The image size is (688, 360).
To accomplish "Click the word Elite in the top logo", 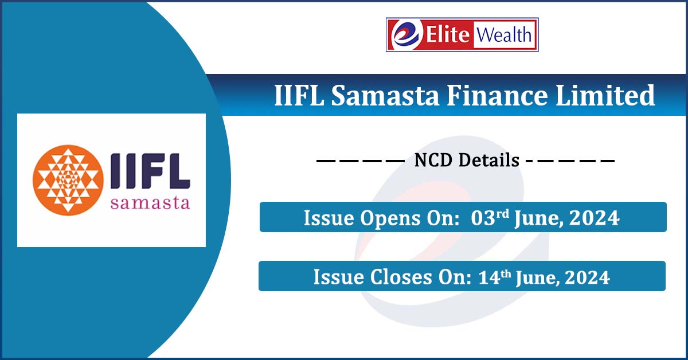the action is click(448, 34).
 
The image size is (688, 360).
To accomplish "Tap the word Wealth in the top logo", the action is click(504, 34).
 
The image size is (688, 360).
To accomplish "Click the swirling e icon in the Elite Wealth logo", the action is click(406, 34).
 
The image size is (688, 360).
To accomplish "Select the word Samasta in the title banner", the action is click(385, 95).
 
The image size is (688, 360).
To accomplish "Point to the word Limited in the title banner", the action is click(605, 95).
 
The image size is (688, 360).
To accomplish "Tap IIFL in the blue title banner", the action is click(299, 95).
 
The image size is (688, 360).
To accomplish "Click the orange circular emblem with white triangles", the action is click(68, 180).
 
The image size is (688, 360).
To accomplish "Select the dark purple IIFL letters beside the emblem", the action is click(150, 171).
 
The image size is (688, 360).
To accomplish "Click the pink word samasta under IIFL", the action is click(150, 203).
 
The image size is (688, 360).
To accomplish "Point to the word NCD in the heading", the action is click(433, 161).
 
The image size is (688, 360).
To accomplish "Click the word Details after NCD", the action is click(488, 161).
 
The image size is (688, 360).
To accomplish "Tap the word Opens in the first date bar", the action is click(390, 219).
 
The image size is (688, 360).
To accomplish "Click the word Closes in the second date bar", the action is click(401, 277).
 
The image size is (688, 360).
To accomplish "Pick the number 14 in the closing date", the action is click(489, 277).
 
